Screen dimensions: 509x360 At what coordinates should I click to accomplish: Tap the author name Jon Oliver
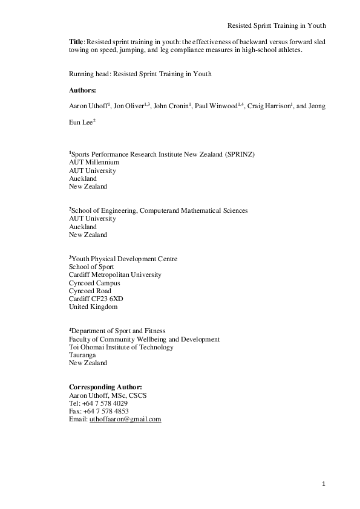pos(130,106)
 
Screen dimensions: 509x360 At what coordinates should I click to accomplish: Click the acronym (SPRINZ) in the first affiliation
pos(240,155)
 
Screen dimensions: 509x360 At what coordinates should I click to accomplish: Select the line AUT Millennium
pos(94,163)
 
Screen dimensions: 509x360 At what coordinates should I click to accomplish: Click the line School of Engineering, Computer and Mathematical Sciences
pos(158,211)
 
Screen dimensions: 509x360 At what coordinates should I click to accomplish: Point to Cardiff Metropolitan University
pos(115,275)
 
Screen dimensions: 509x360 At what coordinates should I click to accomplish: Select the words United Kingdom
pos(93,306)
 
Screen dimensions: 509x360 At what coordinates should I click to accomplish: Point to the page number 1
pos(324,484)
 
